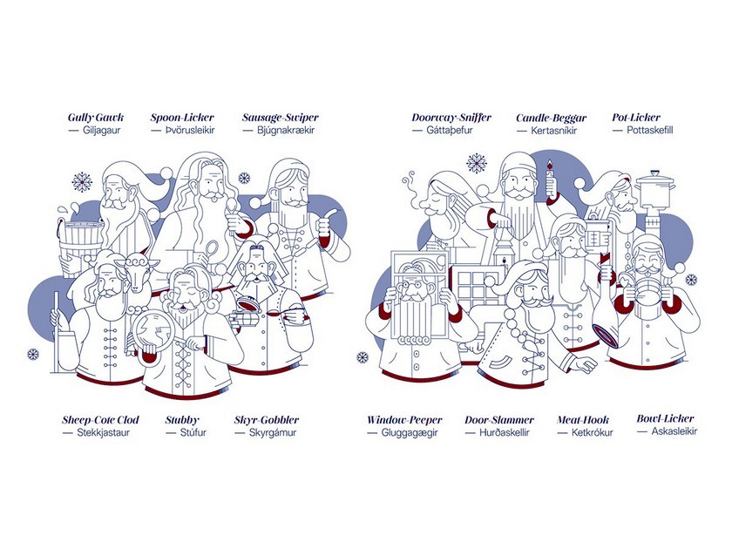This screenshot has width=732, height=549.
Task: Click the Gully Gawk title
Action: (x=96, y=118)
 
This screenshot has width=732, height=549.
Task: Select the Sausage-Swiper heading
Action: (x=280, y=118)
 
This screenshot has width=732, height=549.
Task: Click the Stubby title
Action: (x=182, y=420)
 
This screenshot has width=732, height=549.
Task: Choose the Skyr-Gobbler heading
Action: (x=267, y=420)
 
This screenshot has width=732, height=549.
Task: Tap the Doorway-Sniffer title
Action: (x=451, y=118)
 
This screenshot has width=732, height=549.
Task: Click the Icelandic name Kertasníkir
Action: (x=553, y=131)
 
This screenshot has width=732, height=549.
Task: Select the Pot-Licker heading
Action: (x=636, y=118)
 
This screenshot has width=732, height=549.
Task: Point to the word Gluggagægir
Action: (x=410, y=433)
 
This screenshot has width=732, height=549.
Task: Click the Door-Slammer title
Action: (x=499, y=420)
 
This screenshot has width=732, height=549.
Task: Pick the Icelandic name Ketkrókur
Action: (x=592, y=433)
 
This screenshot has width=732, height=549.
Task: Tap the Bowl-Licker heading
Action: (x=665, y=419)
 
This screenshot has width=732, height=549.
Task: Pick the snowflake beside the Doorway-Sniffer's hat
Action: (x=476, y=164)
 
